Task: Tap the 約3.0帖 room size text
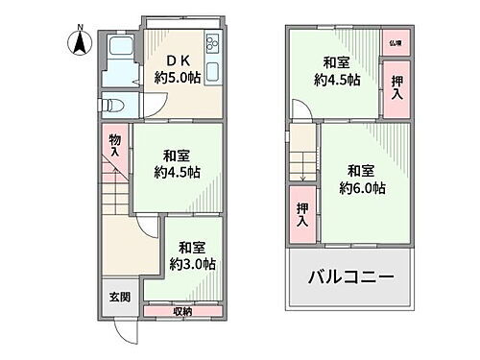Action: (191, 262)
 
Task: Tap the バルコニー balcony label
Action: (349, 278)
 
